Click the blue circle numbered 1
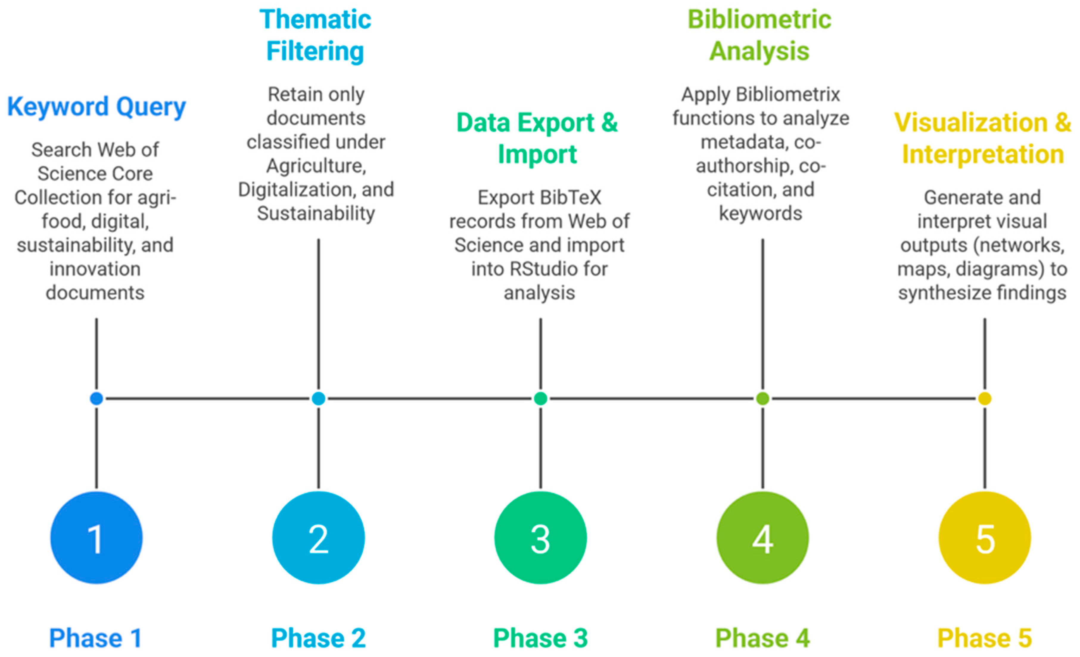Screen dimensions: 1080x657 coord(97,538)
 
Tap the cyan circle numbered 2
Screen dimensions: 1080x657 coord(319,538)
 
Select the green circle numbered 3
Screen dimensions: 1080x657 coord(540,538)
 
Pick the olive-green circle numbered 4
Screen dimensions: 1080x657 coord(763,538)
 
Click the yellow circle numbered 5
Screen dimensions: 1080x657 coord(985,538)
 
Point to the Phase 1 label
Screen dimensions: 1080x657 coord(96,638)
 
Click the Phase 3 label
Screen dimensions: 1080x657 coord(540,638)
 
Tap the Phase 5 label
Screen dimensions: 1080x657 coord(985,638)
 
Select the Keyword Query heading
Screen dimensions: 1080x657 coord(97,107)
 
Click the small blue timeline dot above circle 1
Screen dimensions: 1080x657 coord(97,399)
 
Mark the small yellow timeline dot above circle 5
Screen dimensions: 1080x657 coord(985,399)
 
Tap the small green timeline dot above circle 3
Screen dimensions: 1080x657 coord(540,399)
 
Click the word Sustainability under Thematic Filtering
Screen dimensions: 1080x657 coord(316,214)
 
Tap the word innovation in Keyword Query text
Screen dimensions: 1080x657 coord(95,269)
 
